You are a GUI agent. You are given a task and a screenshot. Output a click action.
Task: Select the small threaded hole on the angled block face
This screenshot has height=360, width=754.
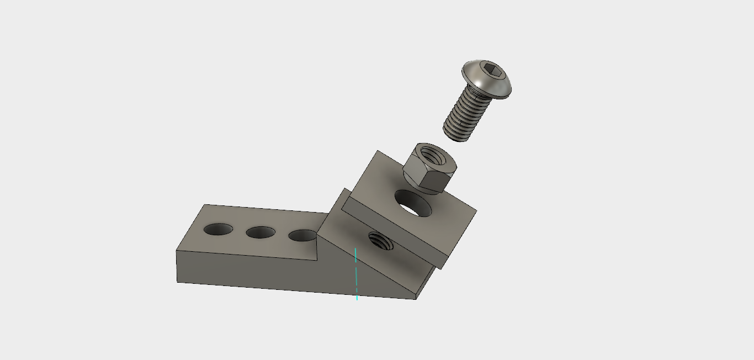tap(380, 240)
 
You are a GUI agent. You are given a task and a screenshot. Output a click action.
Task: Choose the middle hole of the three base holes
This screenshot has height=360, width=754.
tap(261, 232)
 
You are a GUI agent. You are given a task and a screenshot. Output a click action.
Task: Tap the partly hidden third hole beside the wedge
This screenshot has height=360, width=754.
tap(301, 236)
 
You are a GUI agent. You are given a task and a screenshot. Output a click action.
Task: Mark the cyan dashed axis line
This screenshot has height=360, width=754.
tap(356, 274)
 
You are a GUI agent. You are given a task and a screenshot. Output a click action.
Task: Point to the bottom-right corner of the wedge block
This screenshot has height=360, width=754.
tap(416, 299)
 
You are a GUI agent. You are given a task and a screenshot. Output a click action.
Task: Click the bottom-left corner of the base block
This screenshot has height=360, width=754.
tap(177, 282)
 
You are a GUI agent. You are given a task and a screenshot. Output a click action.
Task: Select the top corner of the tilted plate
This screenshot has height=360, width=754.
tap(378, 151)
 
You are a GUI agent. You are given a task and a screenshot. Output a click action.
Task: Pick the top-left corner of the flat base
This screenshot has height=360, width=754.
tap(205, 205)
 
